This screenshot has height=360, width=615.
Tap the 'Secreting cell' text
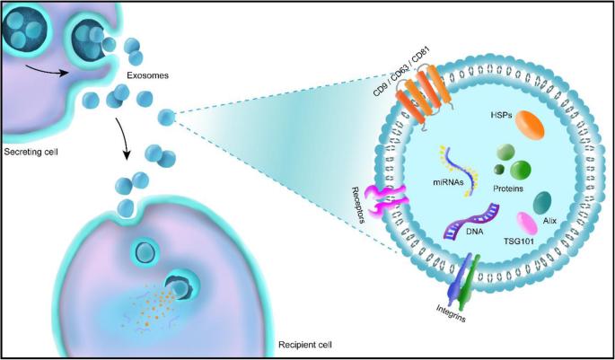[31, 152]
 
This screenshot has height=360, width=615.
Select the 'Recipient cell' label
[305, 345]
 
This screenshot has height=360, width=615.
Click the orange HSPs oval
[530, 125]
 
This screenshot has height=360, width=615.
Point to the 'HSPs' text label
[500, 115]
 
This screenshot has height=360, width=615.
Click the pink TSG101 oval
[528, 224]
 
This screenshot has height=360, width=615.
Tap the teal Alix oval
[542, 203]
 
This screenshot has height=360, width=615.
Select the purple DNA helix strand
[471, 221]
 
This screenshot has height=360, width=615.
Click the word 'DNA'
[475, 232]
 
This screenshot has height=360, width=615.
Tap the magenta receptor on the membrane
[387, 200]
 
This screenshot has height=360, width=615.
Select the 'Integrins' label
[451, 313]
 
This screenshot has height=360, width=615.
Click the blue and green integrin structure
[464, 283]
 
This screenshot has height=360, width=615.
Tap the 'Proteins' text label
[508, 189]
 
